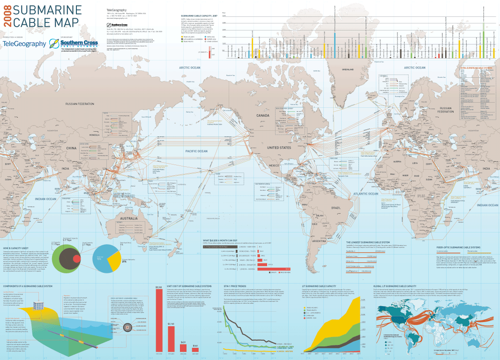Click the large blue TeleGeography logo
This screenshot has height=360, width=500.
click(x=24, y=44)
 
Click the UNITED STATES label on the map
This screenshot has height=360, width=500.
click(x=279, y=148)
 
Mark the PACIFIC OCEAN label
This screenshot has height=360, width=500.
click(x=196, y=151)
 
